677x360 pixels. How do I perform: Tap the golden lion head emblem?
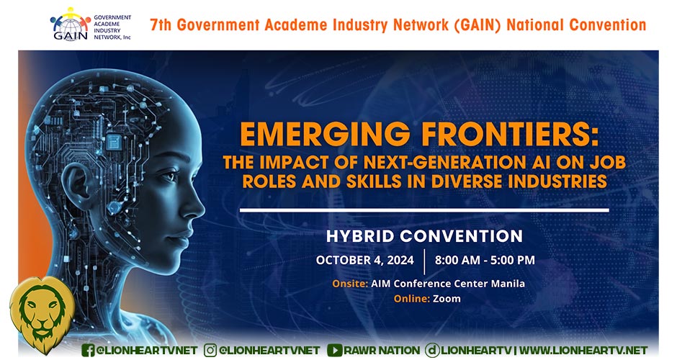point(42,314)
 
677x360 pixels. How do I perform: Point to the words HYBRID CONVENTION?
point(424,236)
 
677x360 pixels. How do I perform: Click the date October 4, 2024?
point(365,261)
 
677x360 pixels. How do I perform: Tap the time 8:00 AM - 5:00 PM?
point(485,261)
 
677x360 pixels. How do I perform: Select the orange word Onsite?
point(350,284)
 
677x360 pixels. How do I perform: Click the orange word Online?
point(411,299)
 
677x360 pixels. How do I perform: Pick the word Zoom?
point(447,299)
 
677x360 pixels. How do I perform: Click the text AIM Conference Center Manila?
point(448,284)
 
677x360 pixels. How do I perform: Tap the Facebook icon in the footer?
point(88,350)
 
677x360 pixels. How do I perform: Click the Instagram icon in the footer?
point(210,350)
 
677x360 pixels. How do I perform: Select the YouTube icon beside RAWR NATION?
point(335,350)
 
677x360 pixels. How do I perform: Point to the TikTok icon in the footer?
point(432,350)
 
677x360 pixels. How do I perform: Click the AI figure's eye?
point(169,176)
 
